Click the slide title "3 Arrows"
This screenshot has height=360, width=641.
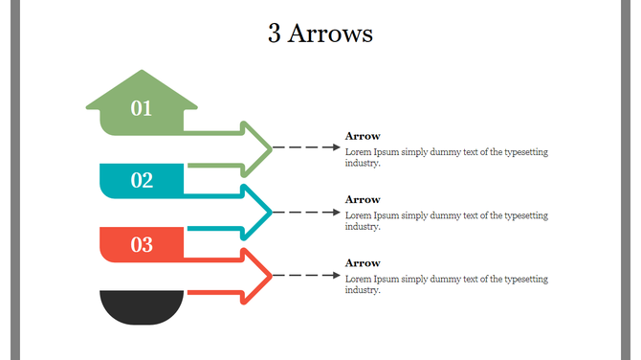320,34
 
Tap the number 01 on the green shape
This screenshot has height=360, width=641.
142,108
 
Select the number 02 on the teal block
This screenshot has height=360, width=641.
142,180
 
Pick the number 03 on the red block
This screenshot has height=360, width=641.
142,244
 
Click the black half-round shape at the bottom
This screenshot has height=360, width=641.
142,306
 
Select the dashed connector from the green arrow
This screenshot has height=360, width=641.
306,148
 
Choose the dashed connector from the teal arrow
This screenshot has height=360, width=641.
306,212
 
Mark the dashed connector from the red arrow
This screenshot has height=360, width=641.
306,276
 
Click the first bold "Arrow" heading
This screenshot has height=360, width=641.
363,136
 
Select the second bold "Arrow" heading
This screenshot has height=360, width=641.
363,199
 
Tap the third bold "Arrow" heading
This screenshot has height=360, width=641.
363,262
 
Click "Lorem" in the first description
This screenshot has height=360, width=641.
358,152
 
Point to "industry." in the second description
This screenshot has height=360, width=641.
363,227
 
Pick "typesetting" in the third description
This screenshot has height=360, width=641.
524,279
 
